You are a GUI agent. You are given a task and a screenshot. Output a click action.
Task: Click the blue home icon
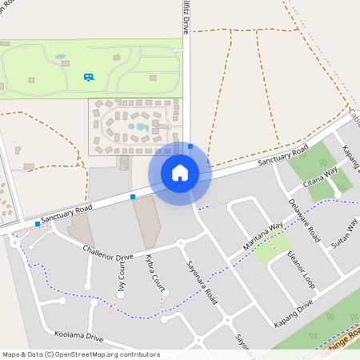[180, 173]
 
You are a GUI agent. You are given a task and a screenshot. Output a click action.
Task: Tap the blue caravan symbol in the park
[88, 77]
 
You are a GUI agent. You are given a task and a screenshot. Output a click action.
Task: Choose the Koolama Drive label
[79, 336]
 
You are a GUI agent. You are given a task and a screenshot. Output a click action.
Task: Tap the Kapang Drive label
[294, 310]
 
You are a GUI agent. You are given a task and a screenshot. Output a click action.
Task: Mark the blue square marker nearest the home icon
[190, 146]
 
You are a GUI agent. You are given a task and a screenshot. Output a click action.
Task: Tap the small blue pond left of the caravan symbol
[61, 57]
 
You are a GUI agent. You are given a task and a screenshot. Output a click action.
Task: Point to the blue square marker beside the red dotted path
[38, 225]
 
